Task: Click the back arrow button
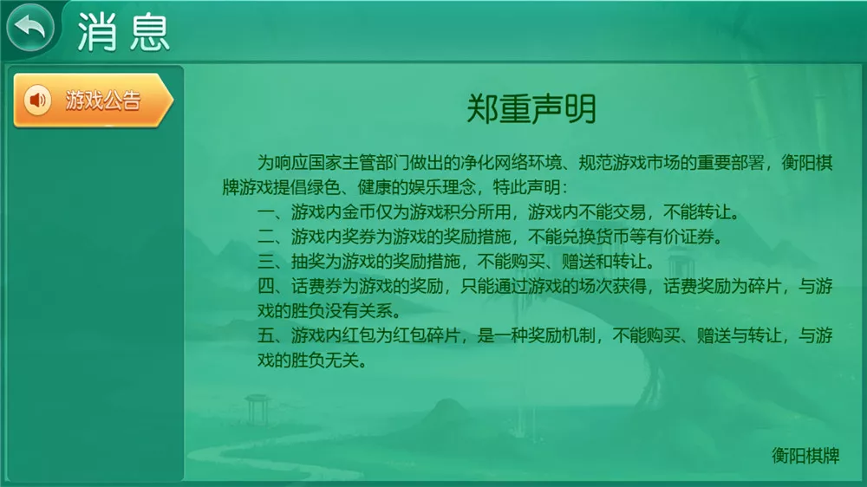pos(29,29)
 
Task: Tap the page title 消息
pos(123,32)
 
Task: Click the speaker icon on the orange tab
pos(36,101)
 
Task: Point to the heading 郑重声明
pos(531,111)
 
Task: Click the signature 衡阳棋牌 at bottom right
pos(805,455)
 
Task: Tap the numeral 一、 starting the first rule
pos(272,212)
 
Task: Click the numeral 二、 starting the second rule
pos(272,237)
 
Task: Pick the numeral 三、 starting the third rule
pos(272,263)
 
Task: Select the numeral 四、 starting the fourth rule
pos(272,288)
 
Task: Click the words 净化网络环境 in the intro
pos(500,162)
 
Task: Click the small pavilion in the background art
pos(257,407)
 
